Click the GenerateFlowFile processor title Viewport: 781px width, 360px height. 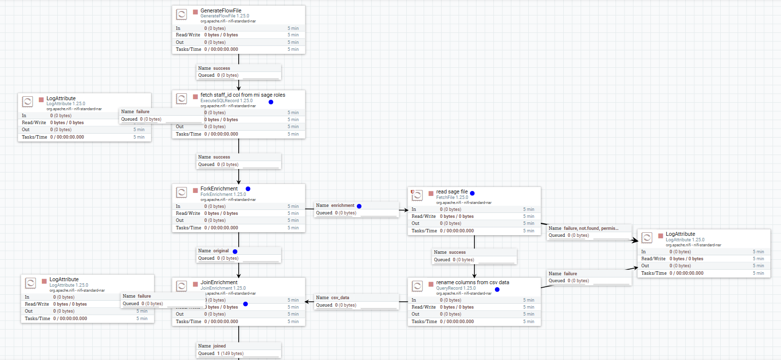tap(217, 10)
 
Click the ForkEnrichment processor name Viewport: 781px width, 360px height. tap(219, 188)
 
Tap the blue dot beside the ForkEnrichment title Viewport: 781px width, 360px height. tap(248, 189)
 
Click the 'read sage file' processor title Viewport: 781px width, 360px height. tap(451, 191)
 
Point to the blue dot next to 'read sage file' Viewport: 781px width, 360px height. tap(472, 193)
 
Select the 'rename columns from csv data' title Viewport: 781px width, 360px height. tap(472, 282)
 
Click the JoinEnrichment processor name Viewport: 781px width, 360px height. tap(219, 282)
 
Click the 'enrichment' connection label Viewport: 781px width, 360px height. tap(342, 205)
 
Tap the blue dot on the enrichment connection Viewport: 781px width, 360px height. tap(359, 205)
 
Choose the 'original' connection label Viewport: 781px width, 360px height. tap(221, 251)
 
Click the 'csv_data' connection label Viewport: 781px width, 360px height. tap(340, 298)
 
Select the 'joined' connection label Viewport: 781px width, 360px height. tap(219, 346)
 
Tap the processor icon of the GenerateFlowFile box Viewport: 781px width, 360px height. tap(182, 13)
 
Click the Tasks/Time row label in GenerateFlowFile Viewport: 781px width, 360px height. tap(189, 49)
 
